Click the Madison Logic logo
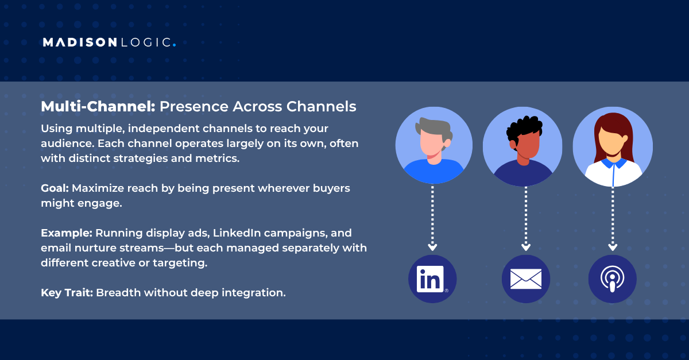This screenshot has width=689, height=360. pos(109,42)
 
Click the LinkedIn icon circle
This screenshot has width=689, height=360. pos(432,279)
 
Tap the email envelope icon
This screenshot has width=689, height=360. pos(525,279)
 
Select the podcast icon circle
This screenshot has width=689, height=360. pos(612,279)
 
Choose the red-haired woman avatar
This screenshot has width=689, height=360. pos(613,146)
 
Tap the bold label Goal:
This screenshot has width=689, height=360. pos(55,188)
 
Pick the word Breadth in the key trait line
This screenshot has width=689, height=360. pos(118,293)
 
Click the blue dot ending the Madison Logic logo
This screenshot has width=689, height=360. pos(174,45)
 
